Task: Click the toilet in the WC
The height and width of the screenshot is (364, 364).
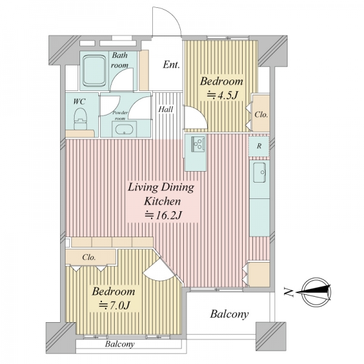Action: [80, 119]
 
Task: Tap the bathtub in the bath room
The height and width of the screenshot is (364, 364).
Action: [95, 70]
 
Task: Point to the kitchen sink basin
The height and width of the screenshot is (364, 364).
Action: [259, 172]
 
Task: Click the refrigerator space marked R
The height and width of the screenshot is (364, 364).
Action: [259, 146]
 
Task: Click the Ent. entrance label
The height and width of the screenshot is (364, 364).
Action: [171, 65]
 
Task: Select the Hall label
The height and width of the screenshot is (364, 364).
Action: [166, 109]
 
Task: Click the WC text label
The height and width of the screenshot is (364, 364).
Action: [79, 102]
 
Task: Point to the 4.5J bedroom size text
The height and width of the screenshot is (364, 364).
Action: [223, 95]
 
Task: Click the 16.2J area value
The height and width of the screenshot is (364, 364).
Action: [163, 215]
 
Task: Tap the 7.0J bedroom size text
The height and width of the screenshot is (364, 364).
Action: [114, 305]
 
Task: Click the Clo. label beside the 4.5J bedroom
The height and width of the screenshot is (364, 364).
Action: [261, 115]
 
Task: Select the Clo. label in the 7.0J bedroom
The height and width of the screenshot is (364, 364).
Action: [89, 257]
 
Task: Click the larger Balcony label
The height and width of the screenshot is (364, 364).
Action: [229, 314]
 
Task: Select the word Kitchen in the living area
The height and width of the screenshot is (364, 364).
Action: [162, 201]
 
